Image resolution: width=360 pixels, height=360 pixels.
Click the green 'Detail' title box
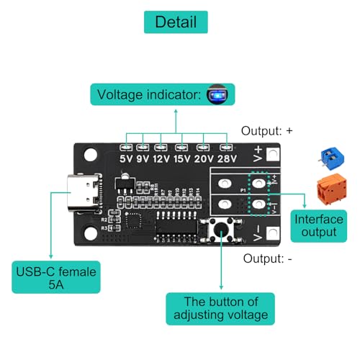(x=175, y=22)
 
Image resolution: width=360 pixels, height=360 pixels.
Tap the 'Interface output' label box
(x=315, y=224)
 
